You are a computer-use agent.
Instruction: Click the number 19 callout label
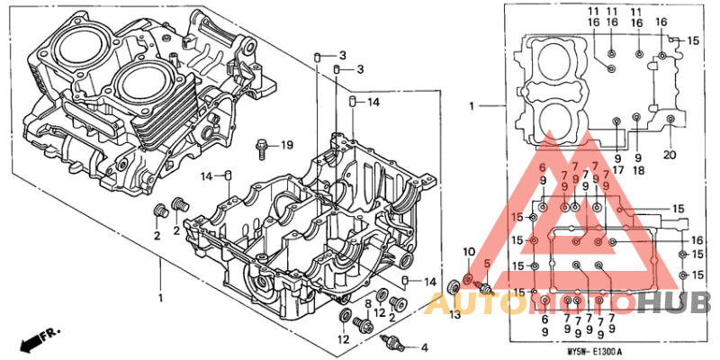tap(286, 145)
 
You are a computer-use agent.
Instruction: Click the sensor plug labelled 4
tap(392, 342)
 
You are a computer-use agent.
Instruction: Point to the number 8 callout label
tap(367, 306)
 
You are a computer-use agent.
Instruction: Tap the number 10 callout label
tap(468, 250)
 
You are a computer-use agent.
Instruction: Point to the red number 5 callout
tap(487, 264)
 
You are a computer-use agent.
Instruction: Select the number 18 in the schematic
tap(637, 170)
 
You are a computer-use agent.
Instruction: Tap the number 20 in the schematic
tap(669, 154)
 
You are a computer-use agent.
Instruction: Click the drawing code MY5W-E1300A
tap(595, 351)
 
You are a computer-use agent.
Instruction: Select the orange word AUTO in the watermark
tap(468, 304)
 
